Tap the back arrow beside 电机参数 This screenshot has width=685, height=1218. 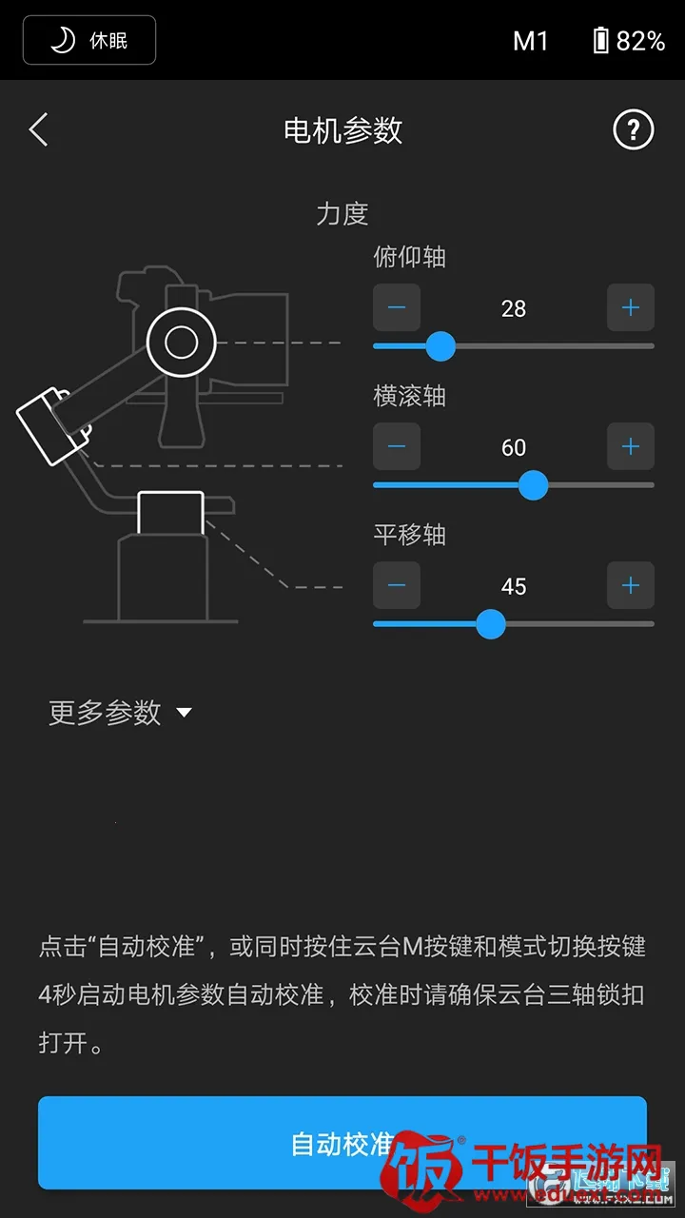[38, 129]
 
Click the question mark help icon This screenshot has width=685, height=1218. [633, 129]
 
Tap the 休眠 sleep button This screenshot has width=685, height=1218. [89, 40]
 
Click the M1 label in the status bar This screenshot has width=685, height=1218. [531, 41]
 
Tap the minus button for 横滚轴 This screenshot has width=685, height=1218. [397, 446]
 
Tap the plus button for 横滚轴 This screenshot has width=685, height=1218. [630, 446]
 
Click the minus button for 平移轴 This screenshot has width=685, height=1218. [397, 585]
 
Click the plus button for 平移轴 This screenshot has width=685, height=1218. [630, 585]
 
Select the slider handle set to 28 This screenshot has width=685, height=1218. [440, 345]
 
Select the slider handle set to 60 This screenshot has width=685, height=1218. [533, 484]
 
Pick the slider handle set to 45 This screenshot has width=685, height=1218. [490, 623]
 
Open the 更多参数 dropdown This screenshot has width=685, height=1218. [120, 713]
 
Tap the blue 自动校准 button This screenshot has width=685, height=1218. [342, 1142]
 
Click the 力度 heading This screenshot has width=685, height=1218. [342, 213]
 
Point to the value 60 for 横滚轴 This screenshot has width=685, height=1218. [514, 447]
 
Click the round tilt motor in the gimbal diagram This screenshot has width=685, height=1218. [181, 342]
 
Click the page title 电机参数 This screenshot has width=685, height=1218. [342, 130]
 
